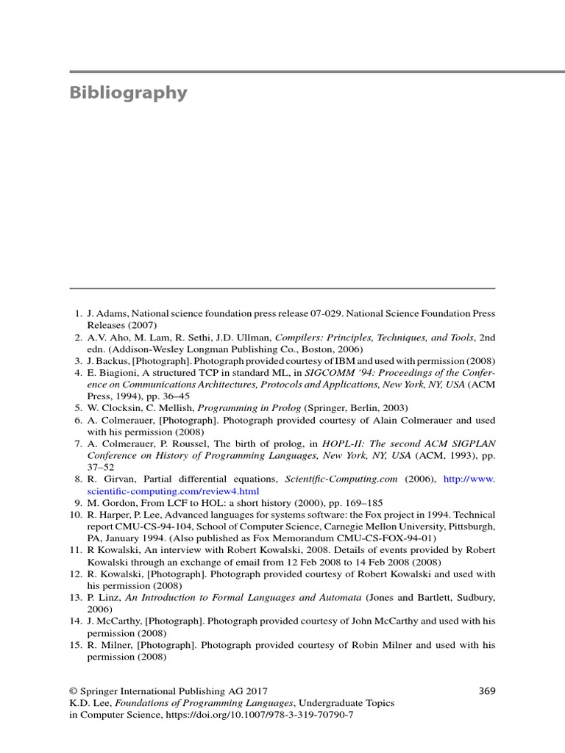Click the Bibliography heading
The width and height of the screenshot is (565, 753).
129,93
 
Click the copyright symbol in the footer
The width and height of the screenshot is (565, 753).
73,691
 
